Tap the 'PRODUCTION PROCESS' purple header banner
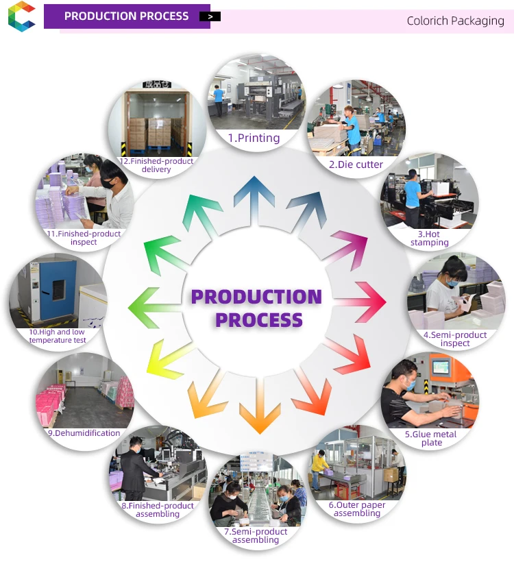[127, 16]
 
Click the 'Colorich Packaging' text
[455, 21]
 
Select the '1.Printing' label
[254, 138]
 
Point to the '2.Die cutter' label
[356, 164]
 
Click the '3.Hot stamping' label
[430, 238]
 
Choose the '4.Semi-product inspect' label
[455, 339]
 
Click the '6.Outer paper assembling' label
[357, 509]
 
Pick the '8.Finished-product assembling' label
[157, 510]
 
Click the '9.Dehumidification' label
[84, 433]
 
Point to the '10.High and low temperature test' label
[58, 336]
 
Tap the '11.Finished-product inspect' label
[84, 238]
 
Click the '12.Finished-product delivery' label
[157, 165]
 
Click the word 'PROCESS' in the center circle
[258, 319]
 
